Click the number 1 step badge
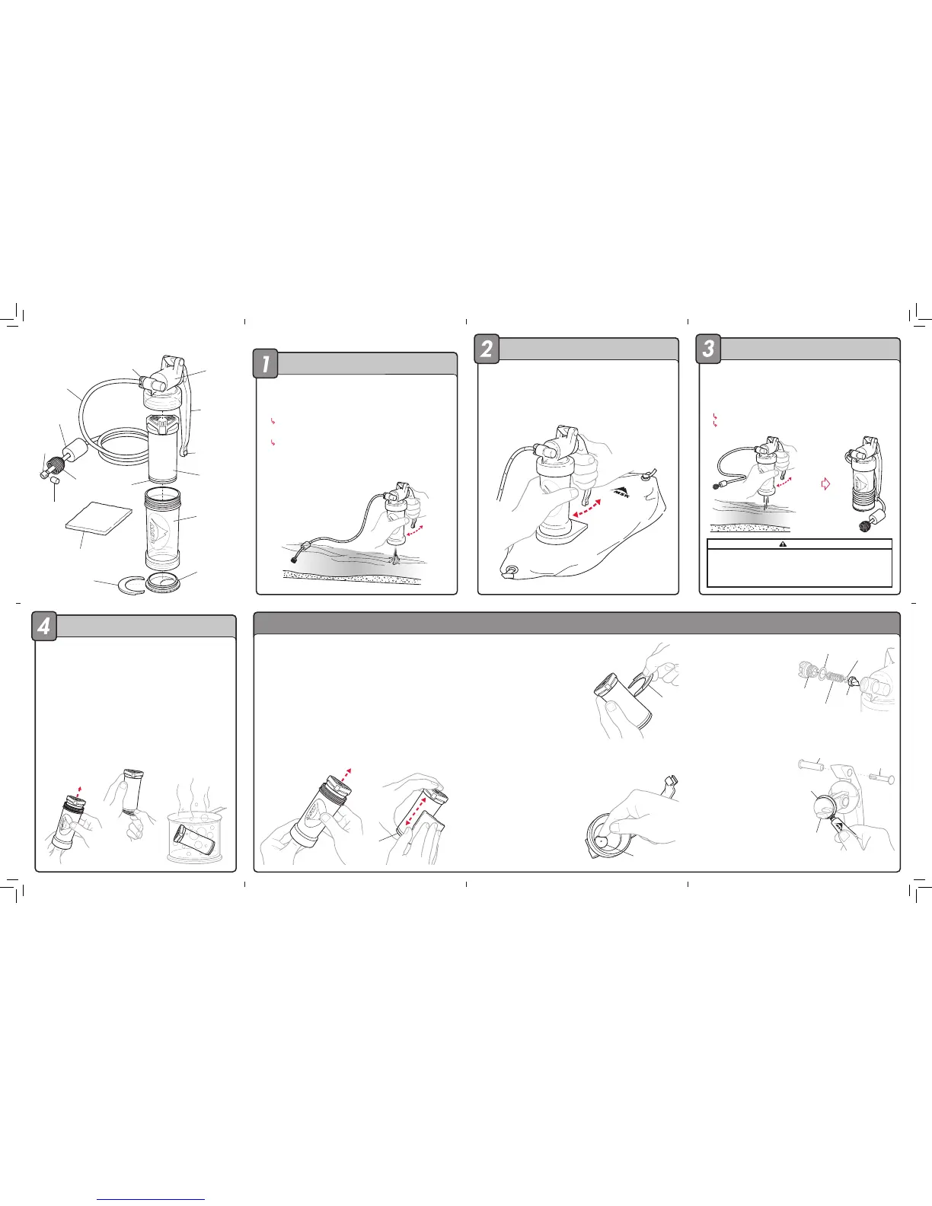[265, 363]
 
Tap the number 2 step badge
[487, 349]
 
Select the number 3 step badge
[708, 349]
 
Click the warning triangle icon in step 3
[783, 544]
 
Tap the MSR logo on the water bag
[621, 492]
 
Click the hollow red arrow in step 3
[825, 484]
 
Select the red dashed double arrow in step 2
[587, 509]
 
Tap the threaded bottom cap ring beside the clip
[163, 583]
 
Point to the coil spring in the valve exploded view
[833, 677]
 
